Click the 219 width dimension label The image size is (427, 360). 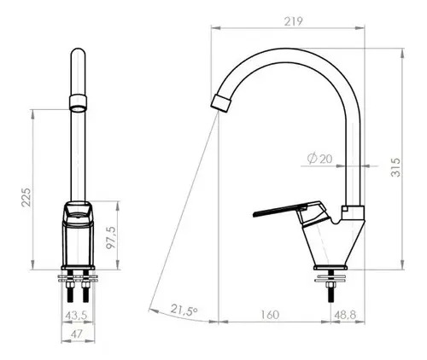(294, 21)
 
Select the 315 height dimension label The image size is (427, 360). (395, 167)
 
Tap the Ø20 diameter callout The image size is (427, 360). (319, 159)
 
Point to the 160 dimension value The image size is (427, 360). (270, 315)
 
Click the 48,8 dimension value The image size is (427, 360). (345, 315)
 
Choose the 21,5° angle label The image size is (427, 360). (184, 310)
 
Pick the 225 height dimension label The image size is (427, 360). (26, 197)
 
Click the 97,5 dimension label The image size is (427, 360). (111, 238)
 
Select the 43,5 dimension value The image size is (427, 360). (76, 315)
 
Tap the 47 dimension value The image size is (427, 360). (77, 334)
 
